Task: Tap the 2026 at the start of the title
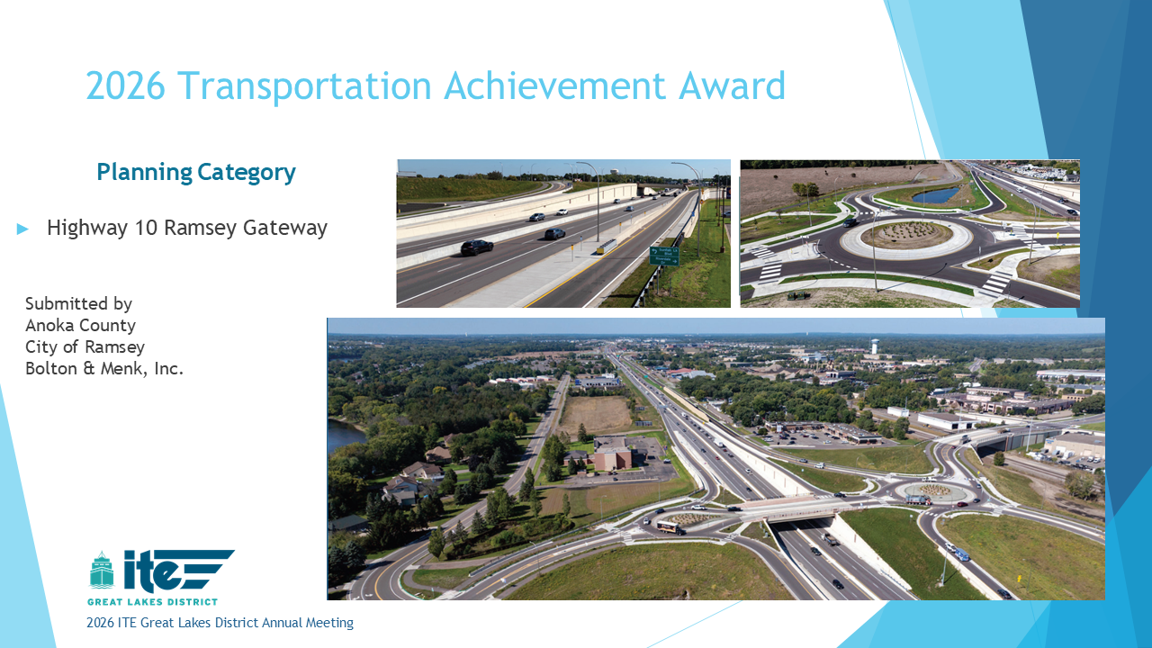[125, 85]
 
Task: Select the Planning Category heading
[196, 172]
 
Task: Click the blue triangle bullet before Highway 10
[22, 229]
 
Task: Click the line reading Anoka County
[81, 325]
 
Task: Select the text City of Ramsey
[85, 347]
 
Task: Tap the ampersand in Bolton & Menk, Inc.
[89, 369]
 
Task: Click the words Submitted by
[78, 304]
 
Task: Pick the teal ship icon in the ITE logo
[102, 570]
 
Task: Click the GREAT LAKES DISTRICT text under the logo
[152, 602]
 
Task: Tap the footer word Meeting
[329, 623]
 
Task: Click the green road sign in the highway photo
[664, 256]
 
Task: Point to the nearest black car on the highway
[477, 247]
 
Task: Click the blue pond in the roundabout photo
[935, 195]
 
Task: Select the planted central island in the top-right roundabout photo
[906, 235]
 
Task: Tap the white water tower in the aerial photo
[874, 346]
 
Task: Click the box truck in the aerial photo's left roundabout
[670, 527]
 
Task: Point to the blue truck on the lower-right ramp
[961, 554]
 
